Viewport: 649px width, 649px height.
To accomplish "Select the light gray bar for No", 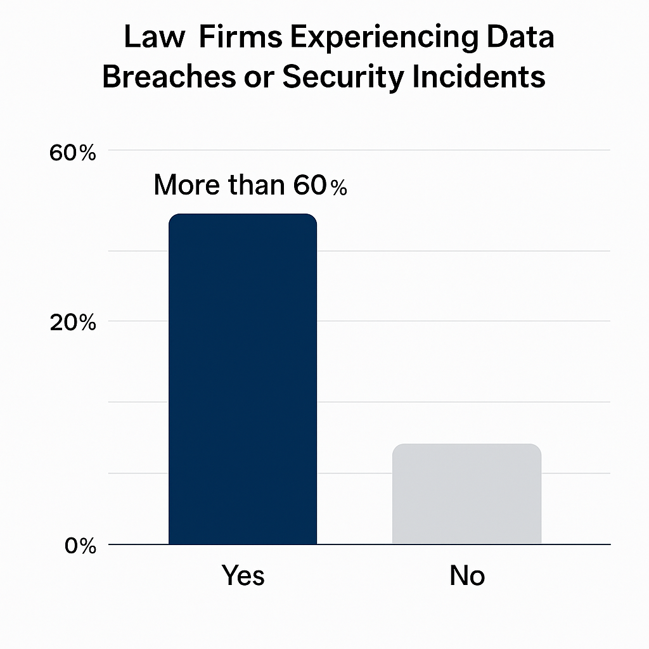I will [x=466, y=494].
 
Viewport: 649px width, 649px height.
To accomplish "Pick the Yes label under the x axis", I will [x=243, y=575].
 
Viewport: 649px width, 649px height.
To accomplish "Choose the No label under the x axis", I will [x=467, y=575].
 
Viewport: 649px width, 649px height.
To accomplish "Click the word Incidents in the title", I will [x=490, y=78].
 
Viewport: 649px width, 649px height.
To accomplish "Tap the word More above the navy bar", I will [x=184, y=185].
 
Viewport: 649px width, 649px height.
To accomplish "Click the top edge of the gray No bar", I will [x=466, y=444].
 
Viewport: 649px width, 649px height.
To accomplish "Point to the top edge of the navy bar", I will [x=242, y=214].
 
